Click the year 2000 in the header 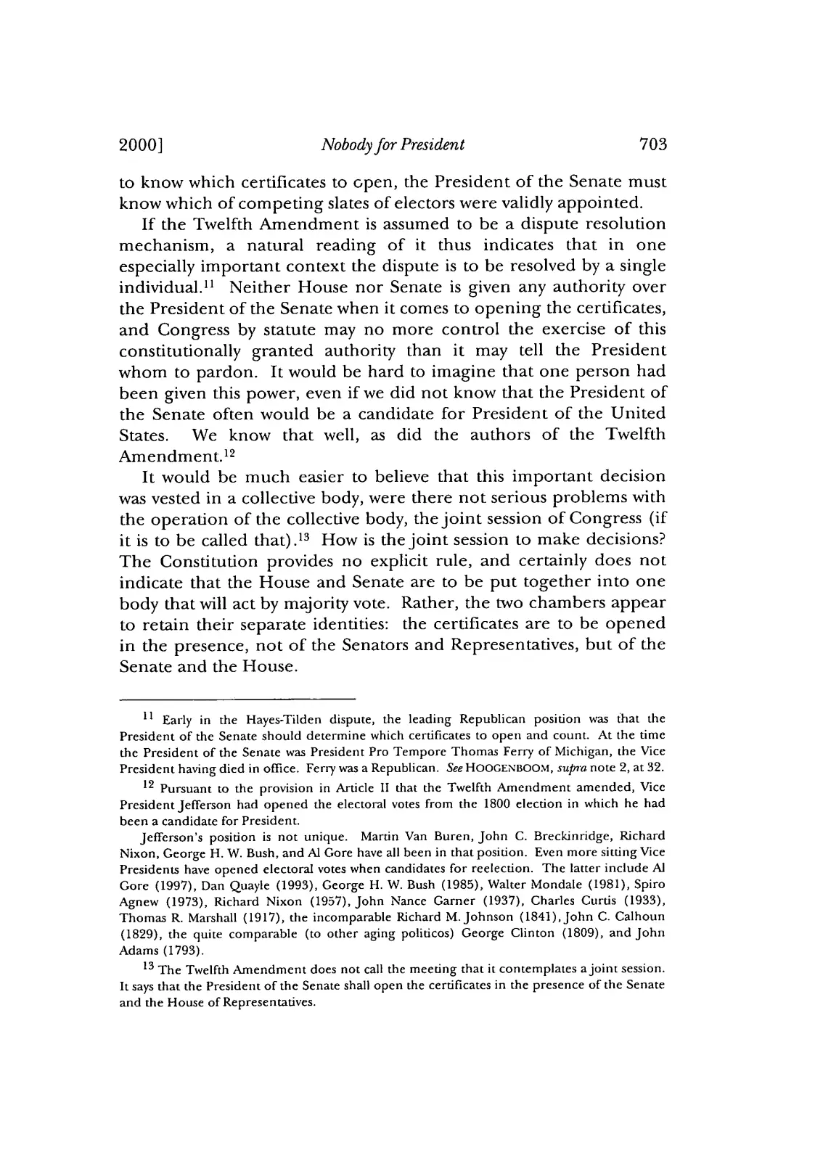[139, 144]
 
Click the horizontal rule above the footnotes [237, 699]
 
